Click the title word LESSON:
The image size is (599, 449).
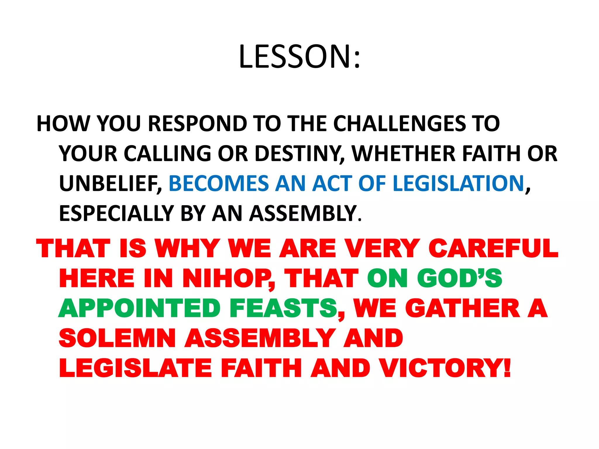[x=299, y=57]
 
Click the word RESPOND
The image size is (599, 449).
[x=198, y=124]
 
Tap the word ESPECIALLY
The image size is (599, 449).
[x=117, y=214]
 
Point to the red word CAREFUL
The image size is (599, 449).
[x=493, y=249]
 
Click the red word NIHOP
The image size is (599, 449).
[x=228, y=279]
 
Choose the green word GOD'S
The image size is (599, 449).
[x=459, y=279]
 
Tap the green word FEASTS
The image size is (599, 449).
[x=283, y=308]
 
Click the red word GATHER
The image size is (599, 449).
[x=462, y=308]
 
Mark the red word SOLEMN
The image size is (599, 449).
[x=117, y=338]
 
